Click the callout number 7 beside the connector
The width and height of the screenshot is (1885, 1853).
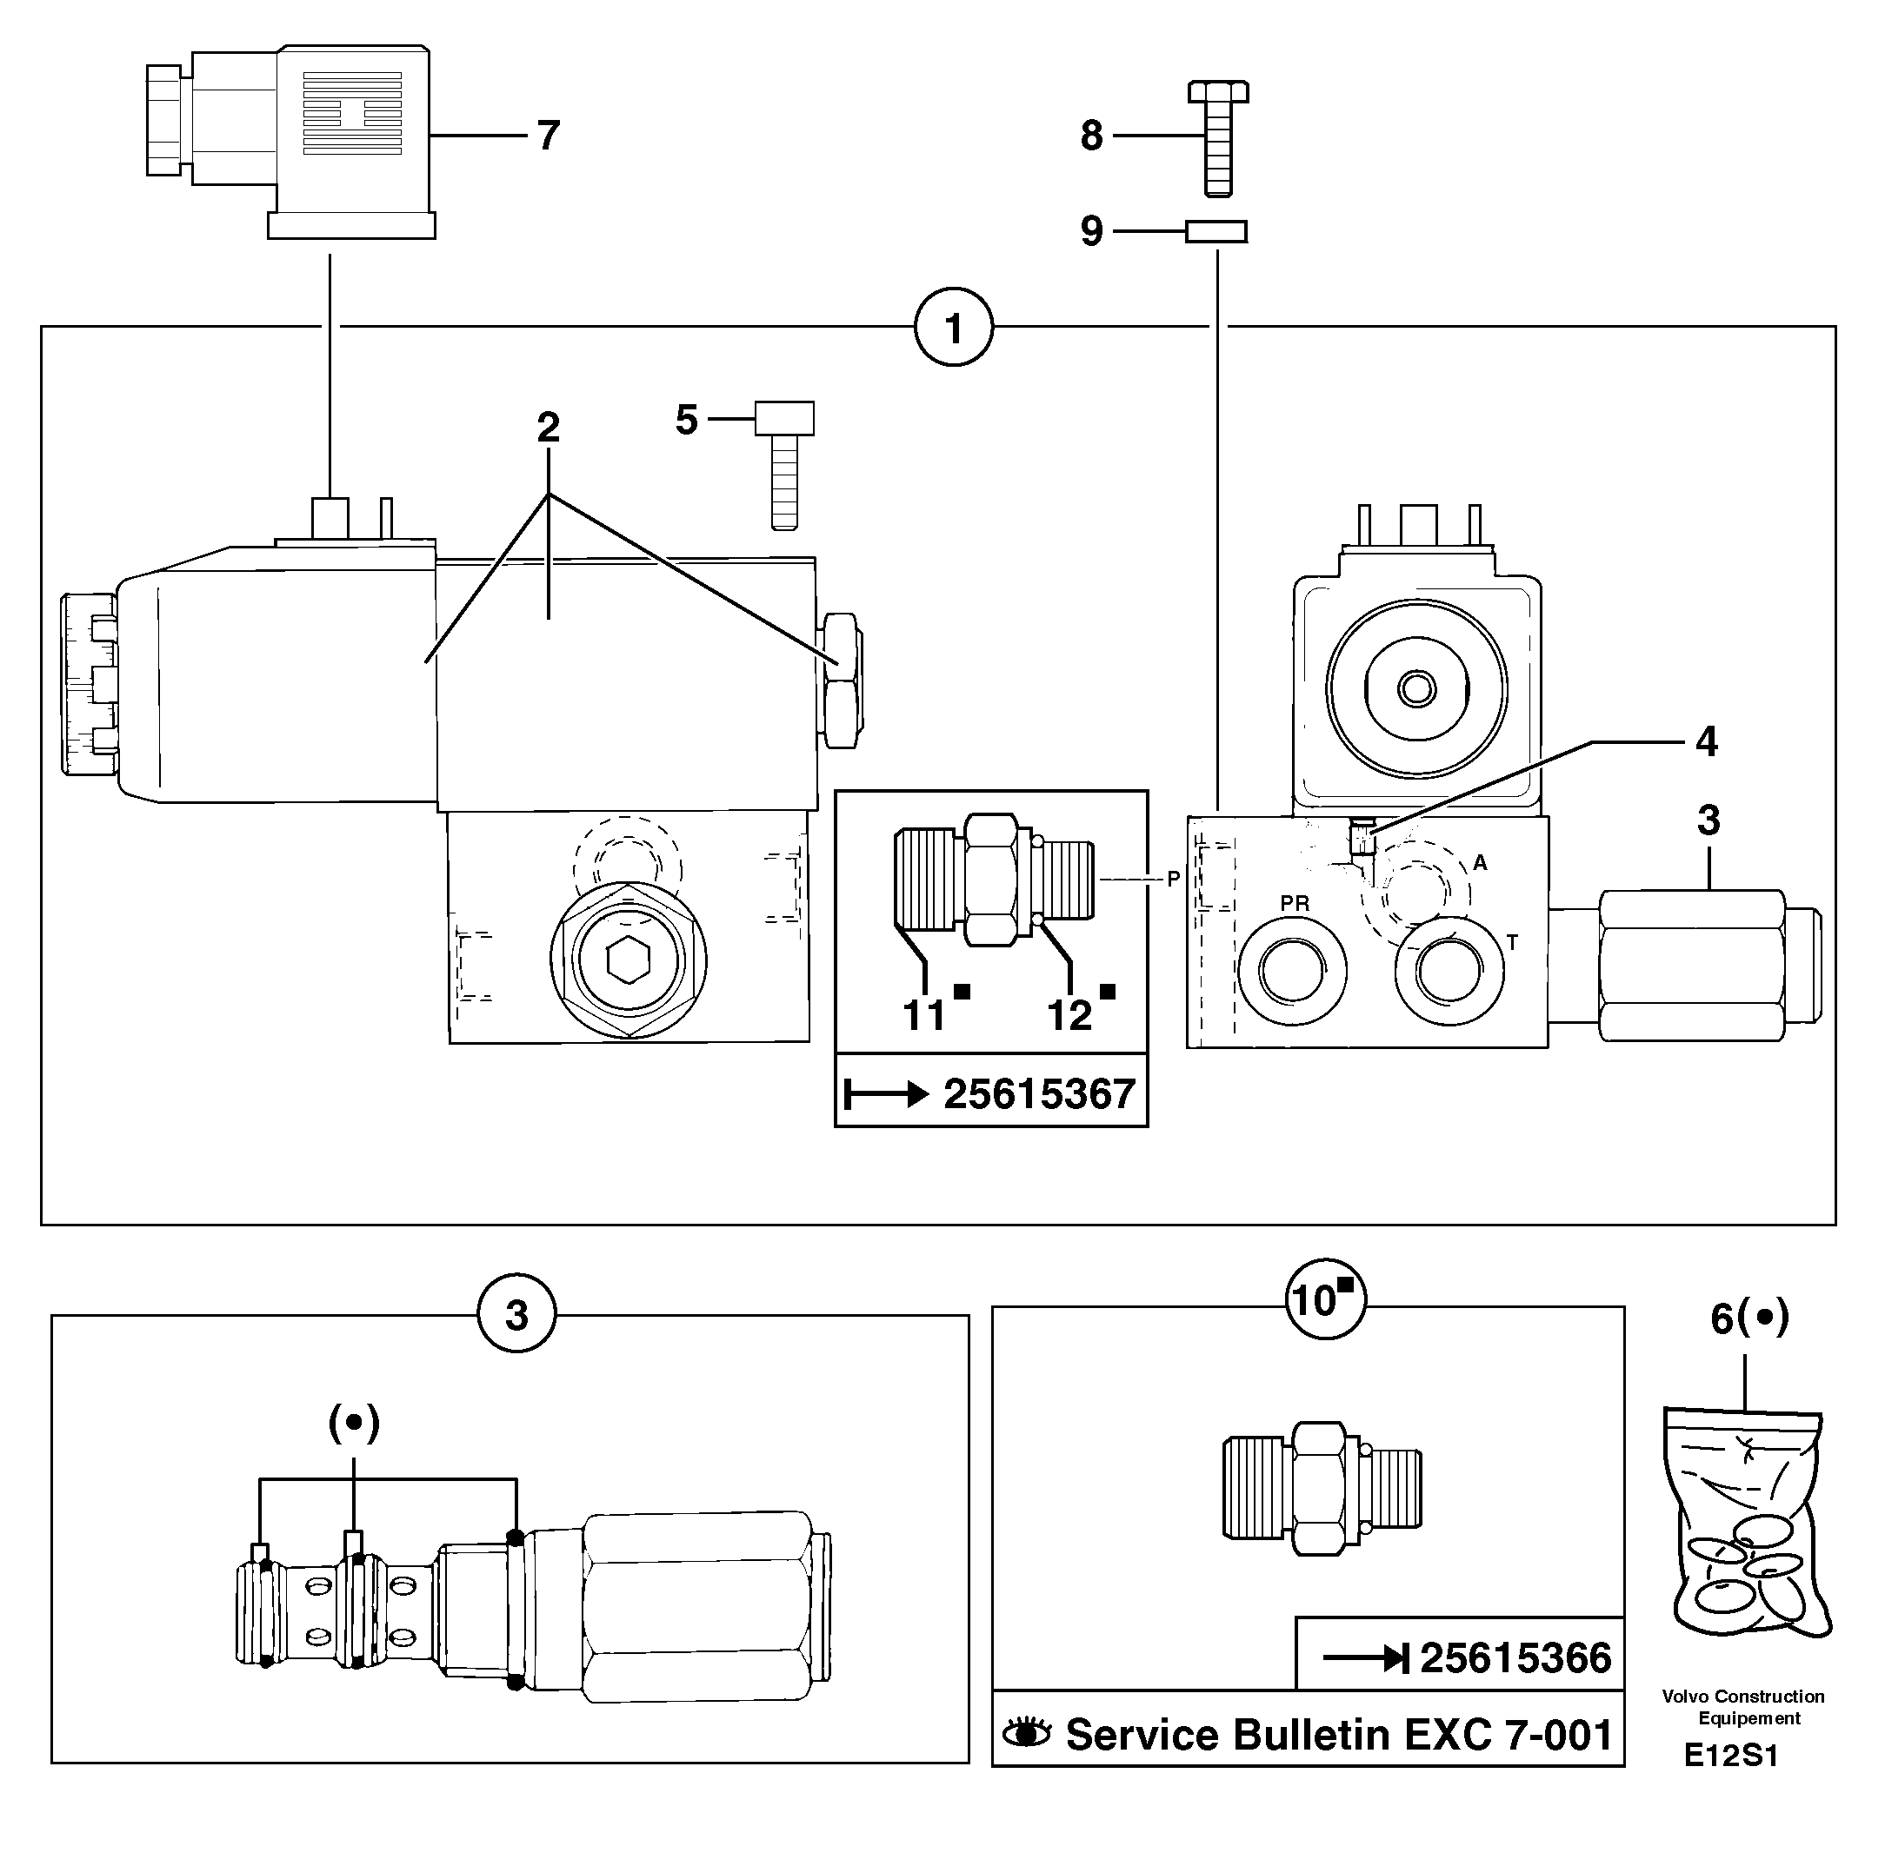click(548, 136)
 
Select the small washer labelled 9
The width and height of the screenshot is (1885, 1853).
click(1216, 231)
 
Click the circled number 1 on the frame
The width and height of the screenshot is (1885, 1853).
click(953, 328)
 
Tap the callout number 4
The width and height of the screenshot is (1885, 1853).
click(1707, 741)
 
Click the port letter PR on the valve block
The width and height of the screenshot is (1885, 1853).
click(1294, 903)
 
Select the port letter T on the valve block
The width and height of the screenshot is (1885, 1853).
click(1512, 942)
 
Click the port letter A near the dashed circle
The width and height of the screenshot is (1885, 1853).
click(1480, 862)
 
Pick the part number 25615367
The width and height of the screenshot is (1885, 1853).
click(1039, 1094)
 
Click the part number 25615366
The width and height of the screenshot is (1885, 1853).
click(1515, 1657)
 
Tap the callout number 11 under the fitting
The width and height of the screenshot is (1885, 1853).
click(924, 1015)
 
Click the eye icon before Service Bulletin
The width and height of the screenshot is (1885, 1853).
click(1027, 1733)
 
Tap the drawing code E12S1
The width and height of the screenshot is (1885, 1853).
click(1731, 1756)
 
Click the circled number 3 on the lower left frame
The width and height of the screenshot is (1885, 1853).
click(516, 1315)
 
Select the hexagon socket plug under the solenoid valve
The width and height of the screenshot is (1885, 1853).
click(628, 961)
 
